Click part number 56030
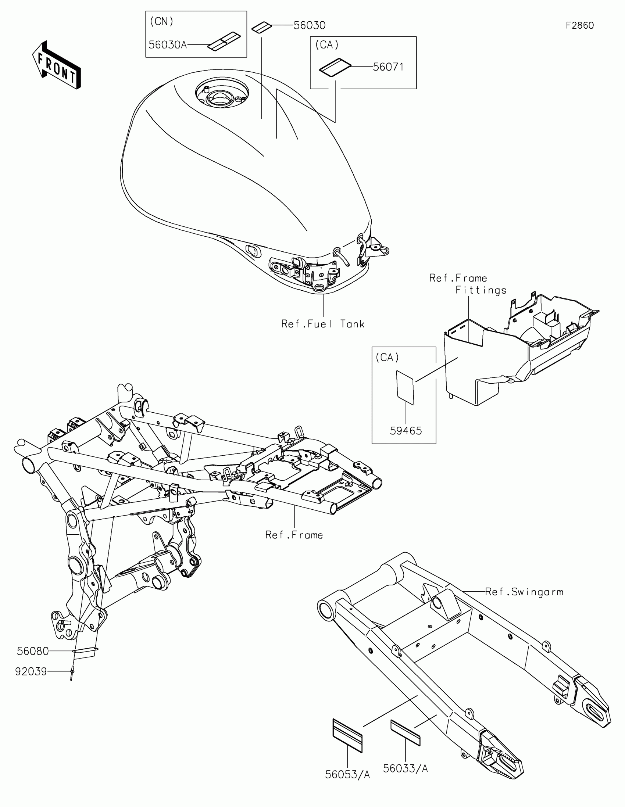pyautogui.click(x=309, y=25)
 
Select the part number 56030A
pyautogui.click(x=167, y=45)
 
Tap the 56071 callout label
pyautogui.click(x=388, y=67)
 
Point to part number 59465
pyautogui.click(x=406, y=431)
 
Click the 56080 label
pyautogui.click(x=33, y=651)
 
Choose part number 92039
pyautogui.click(x=31, y=671)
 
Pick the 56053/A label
pyautogui.click(x=347, y=775)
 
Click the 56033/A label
pyautogui.click(x=406, y=768)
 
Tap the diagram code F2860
pyautogui.click(x=580, y=25)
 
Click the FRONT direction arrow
pyautogui.click(x=57, y=65)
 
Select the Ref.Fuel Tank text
pyautogui.click(x=323, y=324)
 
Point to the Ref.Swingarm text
pyautogui.click(x=524, y=592)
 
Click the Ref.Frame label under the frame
pyautogui.click(x=294, y=535)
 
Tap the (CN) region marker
pyautogui.click(x=161, y=21)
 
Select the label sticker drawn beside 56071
pyautogui.click(x=335, y=67)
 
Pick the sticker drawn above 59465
pyautogui.click(x=405, y=388)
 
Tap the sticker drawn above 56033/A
pyautogui.click(x=406, y=732)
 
